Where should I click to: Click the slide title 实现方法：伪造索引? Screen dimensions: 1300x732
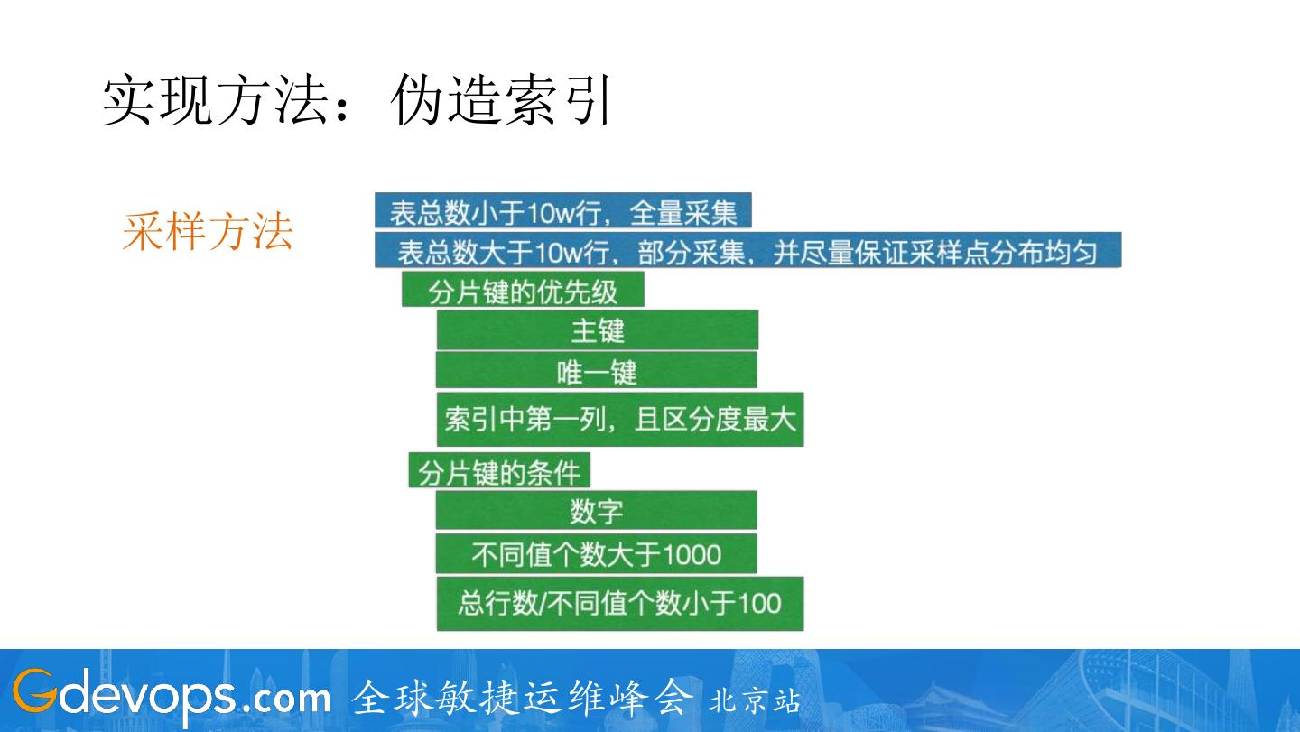[x=357, y=100]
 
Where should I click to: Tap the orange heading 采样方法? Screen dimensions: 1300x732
[x=208, y=231]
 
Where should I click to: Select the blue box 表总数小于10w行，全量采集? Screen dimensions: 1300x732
[x=562, y=212]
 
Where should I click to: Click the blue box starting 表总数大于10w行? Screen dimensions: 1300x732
[x=747, y=251]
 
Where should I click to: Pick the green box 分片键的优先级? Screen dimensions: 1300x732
[x=523, y=291]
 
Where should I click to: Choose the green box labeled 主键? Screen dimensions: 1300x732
[x=597, y=330]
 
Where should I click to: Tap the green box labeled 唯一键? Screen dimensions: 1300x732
[x=597, y=371]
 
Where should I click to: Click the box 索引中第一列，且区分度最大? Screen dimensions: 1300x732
[x=620, y=419]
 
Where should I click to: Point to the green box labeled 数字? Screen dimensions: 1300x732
[x=597, y=511]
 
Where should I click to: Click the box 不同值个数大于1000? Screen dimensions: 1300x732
[x=597, y=553]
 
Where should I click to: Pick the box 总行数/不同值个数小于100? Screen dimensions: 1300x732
[x=620, y=603]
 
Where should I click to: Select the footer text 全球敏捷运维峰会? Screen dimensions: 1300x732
[x=523, y=697]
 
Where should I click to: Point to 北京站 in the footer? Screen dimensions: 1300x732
[x=755, y=700]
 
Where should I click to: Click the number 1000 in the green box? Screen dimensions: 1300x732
[x=692, y=553]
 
